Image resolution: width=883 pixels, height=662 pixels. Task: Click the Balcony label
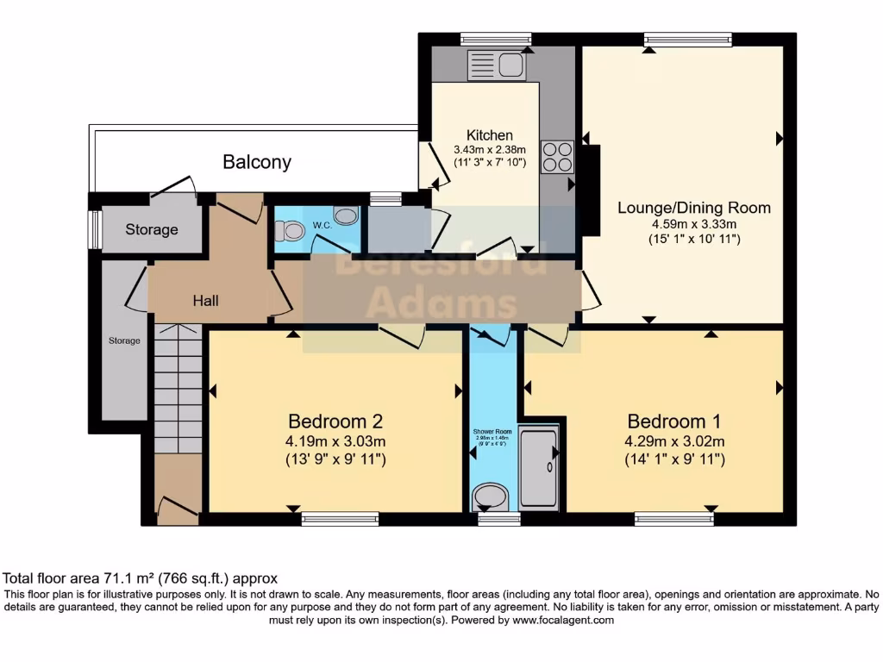[257, 162]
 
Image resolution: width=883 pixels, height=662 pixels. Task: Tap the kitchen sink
[495, 65]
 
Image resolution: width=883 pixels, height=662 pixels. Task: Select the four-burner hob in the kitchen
[556, 157]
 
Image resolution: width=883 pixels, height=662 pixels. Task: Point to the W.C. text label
[323, 226]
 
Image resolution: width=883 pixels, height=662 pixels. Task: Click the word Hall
[205, 301]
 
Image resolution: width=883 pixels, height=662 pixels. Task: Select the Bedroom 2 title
[335, 422]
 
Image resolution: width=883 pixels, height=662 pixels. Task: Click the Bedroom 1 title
[673, 422]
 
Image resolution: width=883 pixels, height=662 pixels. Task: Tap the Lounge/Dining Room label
[693, 208]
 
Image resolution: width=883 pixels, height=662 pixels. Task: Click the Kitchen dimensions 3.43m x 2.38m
[489, 150]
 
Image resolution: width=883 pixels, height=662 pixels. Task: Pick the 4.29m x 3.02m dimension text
[674, 442]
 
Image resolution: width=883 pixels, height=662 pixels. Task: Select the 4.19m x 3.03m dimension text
[335, 442]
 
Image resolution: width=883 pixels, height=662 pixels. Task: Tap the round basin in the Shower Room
[491, 496]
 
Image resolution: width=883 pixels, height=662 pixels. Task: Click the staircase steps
[178, 388]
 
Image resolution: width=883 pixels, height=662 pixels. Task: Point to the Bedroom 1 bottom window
[673, 518]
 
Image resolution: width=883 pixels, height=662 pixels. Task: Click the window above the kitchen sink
[495, 39]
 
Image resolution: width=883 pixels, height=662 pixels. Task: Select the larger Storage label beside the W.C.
[152, 230]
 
